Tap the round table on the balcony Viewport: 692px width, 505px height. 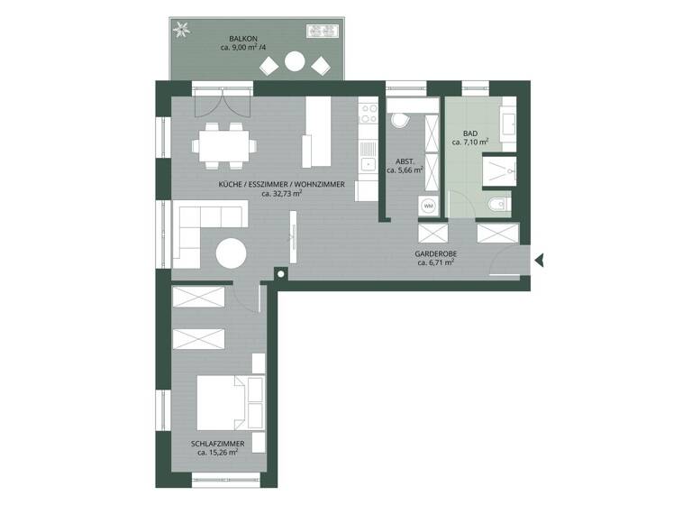coord(295,62)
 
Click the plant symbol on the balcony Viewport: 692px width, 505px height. coord(183,28)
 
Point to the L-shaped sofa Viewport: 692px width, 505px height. coord(197,228)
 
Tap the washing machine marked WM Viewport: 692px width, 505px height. coord(428,207)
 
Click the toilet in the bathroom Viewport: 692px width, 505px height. coord(496,207)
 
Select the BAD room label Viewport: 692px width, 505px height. coord(469,133)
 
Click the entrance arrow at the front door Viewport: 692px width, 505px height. coord(539,261)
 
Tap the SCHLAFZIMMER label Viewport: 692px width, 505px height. coord(217,443)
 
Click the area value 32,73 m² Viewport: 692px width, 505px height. coord(281,193)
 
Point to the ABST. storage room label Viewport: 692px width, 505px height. coord(403,159)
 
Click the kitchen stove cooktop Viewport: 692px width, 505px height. coord(368,114)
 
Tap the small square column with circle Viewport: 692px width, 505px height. coord(281,272)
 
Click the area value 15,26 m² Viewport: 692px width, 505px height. coord(217,453)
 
